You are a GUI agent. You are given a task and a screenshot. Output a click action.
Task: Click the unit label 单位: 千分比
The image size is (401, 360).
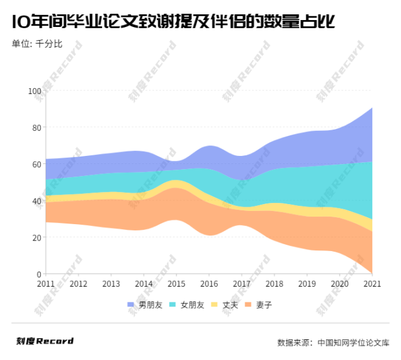click(37, 43)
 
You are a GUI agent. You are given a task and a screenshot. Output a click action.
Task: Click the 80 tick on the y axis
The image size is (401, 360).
click(36, 128)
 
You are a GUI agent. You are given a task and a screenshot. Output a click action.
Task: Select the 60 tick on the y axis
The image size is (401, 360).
click(36, 165)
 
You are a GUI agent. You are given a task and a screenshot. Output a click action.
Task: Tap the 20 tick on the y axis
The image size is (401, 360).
click(36, 238)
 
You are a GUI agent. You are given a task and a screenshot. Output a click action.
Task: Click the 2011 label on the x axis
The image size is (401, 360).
click(46, 284)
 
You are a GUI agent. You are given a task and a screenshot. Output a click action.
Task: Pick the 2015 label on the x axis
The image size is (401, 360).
click(176, 284)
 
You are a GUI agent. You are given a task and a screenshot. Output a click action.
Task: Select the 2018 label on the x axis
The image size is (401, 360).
click(274, 284)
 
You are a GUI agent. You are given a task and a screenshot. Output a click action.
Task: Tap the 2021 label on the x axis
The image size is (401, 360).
click(372, 284)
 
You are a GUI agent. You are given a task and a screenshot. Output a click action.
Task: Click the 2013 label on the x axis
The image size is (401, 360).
click(111, 284)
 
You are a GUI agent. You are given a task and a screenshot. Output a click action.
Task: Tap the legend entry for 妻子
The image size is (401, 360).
click(259, 305)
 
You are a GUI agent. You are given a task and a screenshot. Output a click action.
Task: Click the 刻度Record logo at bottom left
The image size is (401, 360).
click(45, 341)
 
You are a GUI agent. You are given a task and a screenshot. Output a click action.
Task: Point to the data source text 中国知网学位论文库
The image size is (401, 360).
click(353, 342)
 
